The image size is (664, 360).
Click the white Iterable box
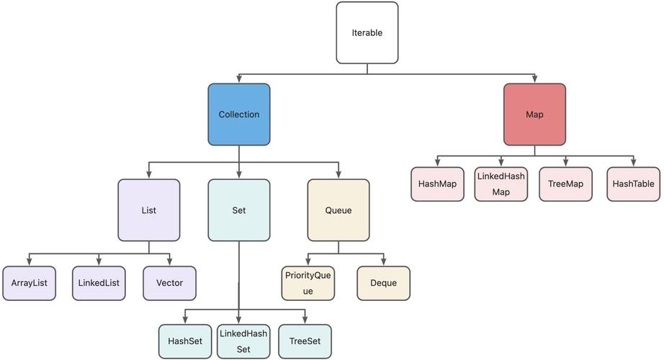pyautogui.click(x=367, y=32)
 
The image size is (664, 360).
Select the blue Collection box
pyautogui.click(x=239, y=114)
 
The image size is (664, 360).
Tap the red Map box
pyautogui.click(x=534, y=114)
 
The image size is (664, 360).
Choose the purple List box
pyautogui.click(x=149, y=210)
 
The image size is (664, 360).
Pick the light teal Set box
pyautogui.click(x=239, y=210)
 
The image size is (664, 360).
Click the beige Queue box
pyautogui.click(x=338, y=210)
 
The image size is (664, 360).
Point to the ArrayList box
pyautogui.click(x=29, y=283)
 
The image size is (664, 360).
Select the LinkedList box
pyautogui.click(x=99, y=283)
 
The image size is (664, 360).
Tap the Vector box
pyautogui.click(x=169, y=283)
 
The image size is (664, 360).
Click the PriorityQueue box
pyautogui.click(x=308, y=283)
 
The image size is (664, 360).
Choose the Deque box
pyautogui.click(x=384, y=283)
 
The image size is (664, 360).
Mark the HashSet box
pyautogui.click(x=185, y=341)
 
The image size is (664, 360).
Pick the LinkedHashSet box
pyautogui.click(x=243, y=341)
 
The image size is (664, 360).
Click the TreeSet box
pyautogui.click(x=305, y=341)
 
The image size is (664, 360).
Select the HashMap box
pyautogui.click(x=437, y=184)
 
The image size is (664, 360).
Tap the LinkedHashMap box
pyautogui.click(x=501, y=184)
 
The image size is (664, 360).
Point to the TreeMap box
pyautogui.click(x=565, y=184)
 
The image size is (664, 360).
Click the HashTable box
pyautogui.click(x=633, y=184)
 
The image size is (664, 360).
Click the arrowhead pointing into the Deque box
pyautogui.click(x=384, y=261)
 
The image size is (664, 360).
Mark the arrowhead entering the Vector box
pyautogui.click(x=169, y=261)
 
